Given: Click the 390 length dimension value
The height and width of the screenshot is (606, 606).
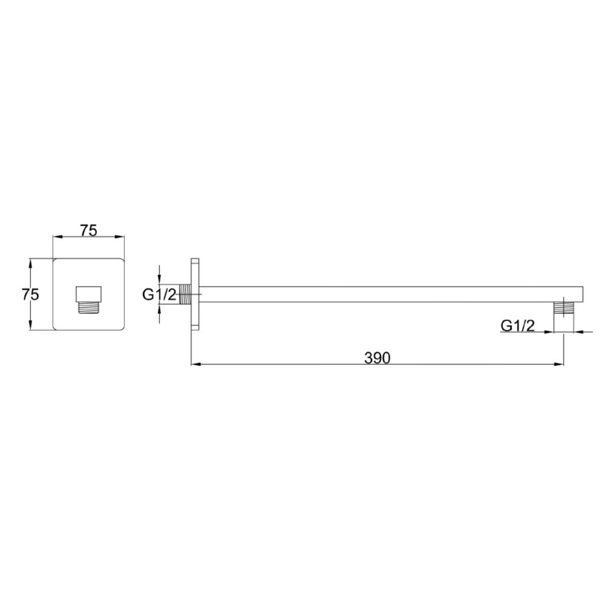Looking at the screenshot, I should click(378, 358).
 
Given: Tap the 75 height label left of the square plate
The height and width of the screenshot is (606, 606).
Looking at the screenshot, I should click(30, 295).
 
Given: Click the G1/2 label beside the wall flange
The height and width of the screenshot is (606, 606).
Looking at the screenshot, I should click(160, 295).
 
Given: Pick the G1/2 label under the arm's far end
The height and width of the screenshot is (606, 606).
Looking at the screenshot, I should click(517, 325).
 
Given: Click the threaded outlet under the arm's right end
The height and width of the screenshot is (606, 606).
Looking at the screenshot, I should click(564, 307).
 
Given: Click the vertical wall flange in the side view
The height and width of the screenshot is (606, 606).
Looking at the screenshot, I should click(195, 294).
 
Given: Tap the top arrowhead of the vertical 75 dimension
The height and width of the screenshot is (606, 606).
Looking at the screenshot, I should click(30, 263).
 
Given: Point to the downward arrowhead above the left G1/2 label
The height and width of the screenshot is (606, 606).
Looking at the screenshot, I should click(159, 279).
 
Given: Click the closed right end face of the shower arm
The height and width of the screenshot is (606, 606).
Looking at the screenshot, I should click(582, 294).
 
